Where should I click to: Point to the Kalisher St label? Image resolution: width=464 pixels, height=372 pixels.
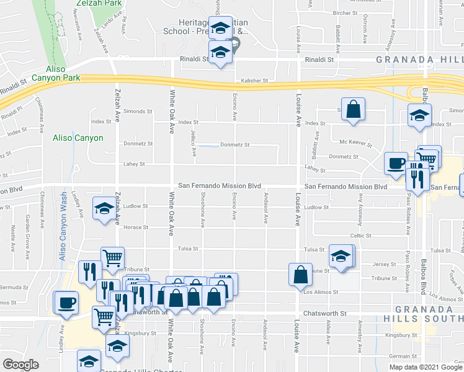click(x=254, y=81)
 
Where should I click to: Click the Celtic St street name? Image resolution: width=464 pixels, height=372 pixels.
click(x=360, y=236)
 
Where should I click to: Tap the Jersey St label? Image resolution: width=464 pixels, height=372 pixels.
click(x=385, y=264)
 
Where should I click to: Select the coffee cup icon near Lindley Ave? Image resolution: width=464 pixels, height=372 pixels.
click(x=66, y=304)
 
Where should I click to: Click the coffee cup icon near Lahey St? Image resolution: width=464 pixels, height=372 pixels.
click(x=396, y=164)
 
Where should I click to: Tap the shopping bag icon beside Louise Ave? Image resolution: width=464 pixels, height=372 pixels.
click(x=300, y=273)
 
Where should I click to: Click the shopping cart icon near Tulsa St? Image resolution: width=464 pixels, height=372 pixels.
click(x=112, y=258)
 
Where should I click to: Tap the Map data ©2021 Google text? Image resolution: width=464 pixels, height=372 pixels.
click(x=426, y=366)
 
